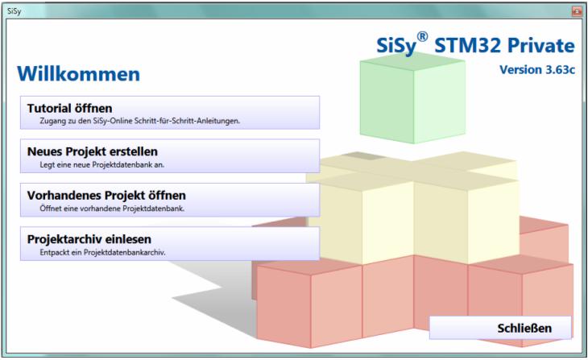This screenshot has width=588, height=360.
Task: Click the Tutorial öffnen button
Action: [170, 113]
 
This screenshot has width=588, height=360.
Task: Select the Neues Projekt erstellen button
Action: [170, 156]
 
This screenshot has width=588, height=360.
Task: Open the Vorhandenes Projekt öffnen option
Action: [170, 200]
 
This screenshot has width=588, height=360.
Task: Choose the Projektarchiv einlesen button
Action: [170, 244]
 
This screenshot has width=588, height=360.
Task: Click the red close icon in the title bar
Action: [577, 11]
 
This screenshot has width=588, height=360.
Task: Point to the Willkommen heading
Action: [78, 74]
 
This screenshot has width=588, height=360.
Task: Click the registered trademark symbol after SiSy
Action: [422, 37]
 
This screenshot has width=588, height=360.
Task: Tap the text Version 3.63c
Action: [537, 70]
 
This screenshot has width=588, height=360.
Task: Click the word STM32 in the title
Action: [468, 46]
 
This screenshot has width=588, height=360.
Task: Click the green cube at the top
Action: [412, 98]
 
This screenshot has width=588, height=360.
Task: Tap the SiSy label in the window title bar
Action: [14, 11]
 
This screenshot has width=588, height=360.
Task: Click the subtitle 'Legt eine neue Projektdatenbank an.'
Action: [102, 164]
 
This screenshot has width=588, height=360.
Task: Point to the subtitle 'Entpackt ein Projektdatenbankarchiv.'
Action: [102, 252]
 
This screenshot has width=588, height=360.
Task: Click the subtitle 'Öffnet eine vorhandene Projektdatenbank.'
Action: [112, 208]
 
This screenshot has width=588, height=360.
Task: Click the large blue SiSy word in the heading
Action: [396, 47]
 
